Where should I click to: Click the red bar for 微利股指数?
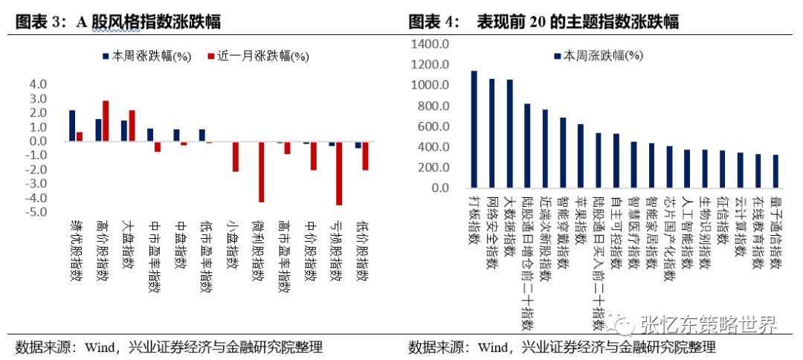pyautogui.click(x=261, y=172)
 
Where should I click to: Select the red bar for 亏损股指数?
pyautogui.click(x=339, y=173)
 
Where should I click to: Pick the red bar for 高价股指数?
pyautogui.click(x=106, y=120)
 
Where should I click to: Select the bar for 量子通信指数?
pyautogui.click(x=775, y=171)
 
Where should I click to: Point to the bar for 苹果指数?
pyautogui.click(x=581, y=155)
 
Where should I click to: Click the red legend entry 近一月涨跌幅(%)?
pyautogui.click(x=256, y=56)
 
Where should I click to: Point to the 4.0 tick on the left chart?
pyautogui.click(x=38, y=84)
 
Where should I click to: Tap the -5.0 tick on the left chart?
pyautogui.click(x=36, y=212)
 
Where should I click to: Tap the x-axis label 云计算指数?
pyautogui.click(x=740, y=226)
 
